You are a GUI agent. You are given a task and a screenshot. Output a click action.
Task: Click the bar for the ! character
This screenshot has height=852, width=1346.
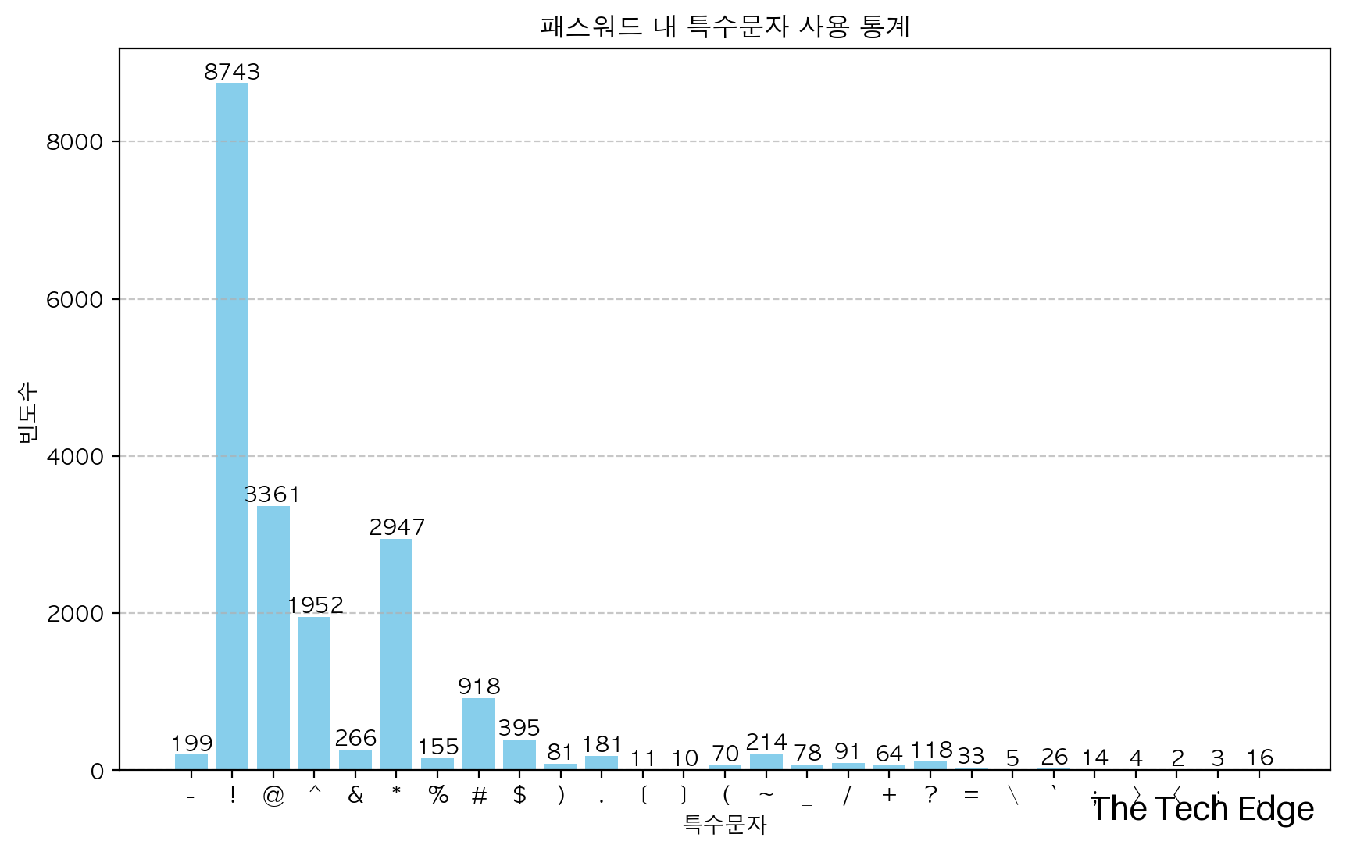click(x=232, y=426)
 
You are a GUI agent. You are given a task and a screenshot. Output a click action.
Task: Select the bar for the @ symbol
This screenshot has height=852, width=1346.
click(x=273, y=638)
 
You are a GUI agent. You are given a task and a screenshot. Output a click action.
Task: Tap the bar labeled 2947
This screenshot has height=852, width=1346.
click(x=396, y=654)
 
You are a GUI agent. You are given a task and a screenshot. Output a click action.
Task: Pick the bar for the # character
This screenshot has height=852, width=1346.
click(x=479, y=734)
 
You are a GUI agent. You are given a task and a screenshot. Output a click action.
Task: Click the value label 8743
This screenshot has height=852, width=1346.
click(x=232, y=72)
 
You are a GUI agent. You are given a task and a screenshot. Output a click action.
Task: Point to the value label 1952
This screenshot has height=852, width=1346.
click(x=315, y=605)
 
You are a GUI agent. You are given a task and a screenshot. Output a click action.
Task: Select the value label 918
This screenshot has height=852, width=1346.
click(x=479, y=686)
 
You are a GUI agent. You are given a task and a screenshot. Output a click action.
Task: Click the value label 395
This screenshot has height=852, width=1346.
click(x=519, y=728)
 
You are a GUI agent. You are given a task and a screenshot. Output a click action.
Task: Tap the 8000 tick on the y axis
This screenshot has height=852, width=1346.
click(x=75, y=142)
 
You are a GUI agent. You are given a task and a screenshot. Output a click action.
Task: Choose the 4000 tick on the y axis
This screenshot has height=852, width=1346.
click(x=75, y=457)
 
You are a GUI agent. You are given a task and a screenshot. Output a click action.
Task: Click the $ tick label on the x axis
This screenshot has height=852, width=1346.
click(x=519, y=795)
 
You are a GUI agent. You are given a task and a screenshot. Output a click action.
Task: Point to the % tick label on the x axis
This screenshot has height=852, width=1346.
click(x=438, y=795)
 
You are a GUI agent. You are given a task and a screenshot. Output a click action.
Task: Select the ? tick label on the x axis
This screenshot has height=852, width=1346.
click(x=930, y=795)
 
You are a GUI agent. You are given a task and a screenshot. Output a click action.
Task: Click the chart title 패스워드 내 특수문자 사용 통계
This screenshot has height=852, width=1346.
click(x=724, y=27)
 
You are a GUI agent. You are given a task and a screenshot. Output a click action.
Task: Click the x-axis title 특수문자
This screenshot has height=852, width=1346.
click(x=724, y=825)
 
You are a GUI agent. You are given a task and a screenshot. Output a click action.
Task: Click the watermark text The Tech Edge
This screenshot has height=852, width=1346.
click(x=1202, y=809)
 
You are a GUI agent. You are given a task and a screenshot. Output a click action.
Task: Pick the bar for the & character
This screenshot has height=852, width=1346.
click(x=355, y=760)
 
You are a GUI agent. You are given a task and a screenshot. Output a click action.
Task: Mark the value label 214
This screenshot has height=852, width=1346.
click(x=766, y=742)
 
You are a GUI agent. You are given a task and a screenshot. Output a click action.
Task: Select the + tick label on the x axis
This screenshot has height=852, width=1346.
click(x=889, y=795)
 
